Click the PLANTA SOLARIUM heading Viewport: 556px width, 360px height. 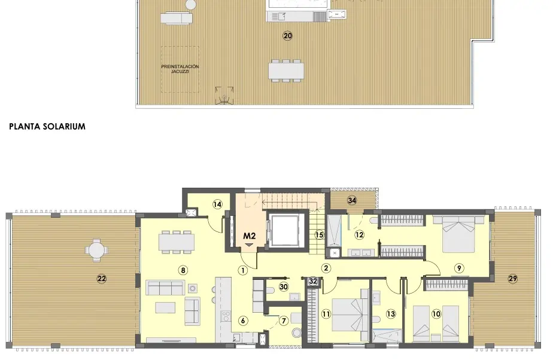47,127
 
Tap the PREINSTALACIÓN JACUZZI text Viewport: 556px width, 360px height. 180,69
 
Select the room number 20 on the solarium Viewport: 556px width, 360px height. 287,36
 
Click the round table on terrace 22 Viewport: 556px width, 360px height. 96,249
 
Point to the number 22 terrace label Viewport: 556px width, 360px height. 101,278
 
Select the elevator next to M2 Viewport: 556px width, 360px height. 284,230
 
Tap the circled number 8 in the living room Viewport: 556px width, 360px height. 183,270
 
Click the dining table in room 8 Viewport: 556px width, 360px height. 177,242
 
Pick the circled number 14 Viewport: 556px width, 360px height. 218,205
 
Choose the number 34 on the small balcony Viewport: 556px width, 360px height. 352,200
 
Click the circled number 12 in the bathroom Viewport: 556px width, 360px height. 360,234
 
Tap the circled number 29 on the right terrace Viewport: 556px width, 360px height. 512,278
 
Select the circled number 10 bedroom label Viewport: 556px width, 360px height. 436,313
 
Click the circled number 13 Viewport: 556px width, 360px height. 391,313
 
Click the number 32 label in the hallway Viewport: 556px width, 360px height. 312,280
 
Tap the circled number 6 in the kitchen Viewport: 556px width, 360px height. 242,321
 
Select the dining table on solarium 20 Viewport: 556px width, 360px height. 285,70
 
